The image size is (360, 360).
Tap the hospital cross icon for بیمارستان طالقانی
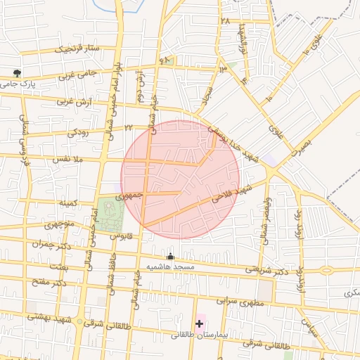click(x=200, y=324)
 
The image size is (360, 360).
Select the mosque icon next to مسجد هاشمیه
click(x=170, y=257)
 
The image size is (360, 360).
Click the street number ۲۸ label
click(x=225, y=21)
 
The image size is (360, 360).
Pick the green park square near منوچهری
click(x=109, y=214)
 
